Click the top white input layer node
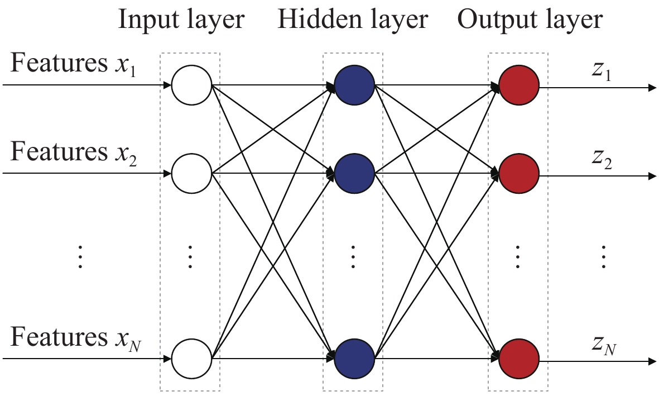click(x=191, y=86)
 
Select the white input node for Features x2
click(x=191, y=173)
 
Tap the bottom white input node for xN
click(x=191, y=358)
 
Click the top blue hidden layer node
click(x=354, y=86)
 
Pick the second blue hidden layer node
click(x=354, y=173)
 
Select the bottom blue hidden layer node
click(x=354, y=358)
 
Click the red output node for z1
click(x=519, y=86)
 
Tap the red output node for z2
click(x=519, y=174)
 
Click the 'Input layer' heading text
click(x=181, y=21)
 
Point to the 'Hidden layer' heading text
click(x=353, y=21)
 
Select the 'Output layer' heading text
click(x=530, y=21)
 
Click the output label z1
click(x=602, y=71)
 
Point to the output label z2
click(x=602, y=159)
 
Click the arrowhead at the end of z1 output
click(x=652, y=88)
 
